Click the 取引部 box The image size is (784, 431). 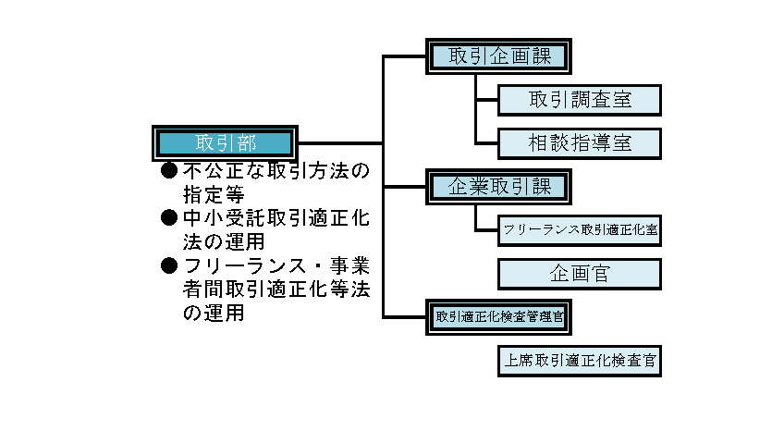(225, 142)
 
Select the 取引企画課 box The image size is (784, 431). (499, 55)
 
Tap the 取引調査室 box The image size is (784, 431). (580, 99)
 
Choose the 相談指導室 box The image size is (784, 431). (580, 143)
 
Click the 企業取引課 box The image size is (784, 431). (499, 187)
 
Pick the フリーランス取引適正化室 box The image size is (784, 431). (580, 229)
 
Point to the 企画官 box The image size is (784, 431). (580, 274)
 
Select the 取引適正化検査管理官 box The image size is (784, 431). (499, 316)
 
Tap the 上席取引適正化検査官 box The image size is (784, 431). (580, 361)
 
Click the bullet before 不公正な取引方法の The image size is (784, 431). (168, 171)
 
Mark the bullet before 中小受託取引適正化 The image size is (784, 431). (168, 218)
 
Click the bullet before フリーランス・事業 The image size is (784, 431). (168, 266)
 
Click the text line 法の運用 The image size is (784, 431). (225, 242)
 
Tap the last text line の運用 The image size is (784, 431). (214, 314)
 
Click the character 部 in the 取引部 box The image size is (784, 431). (246, 142)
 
